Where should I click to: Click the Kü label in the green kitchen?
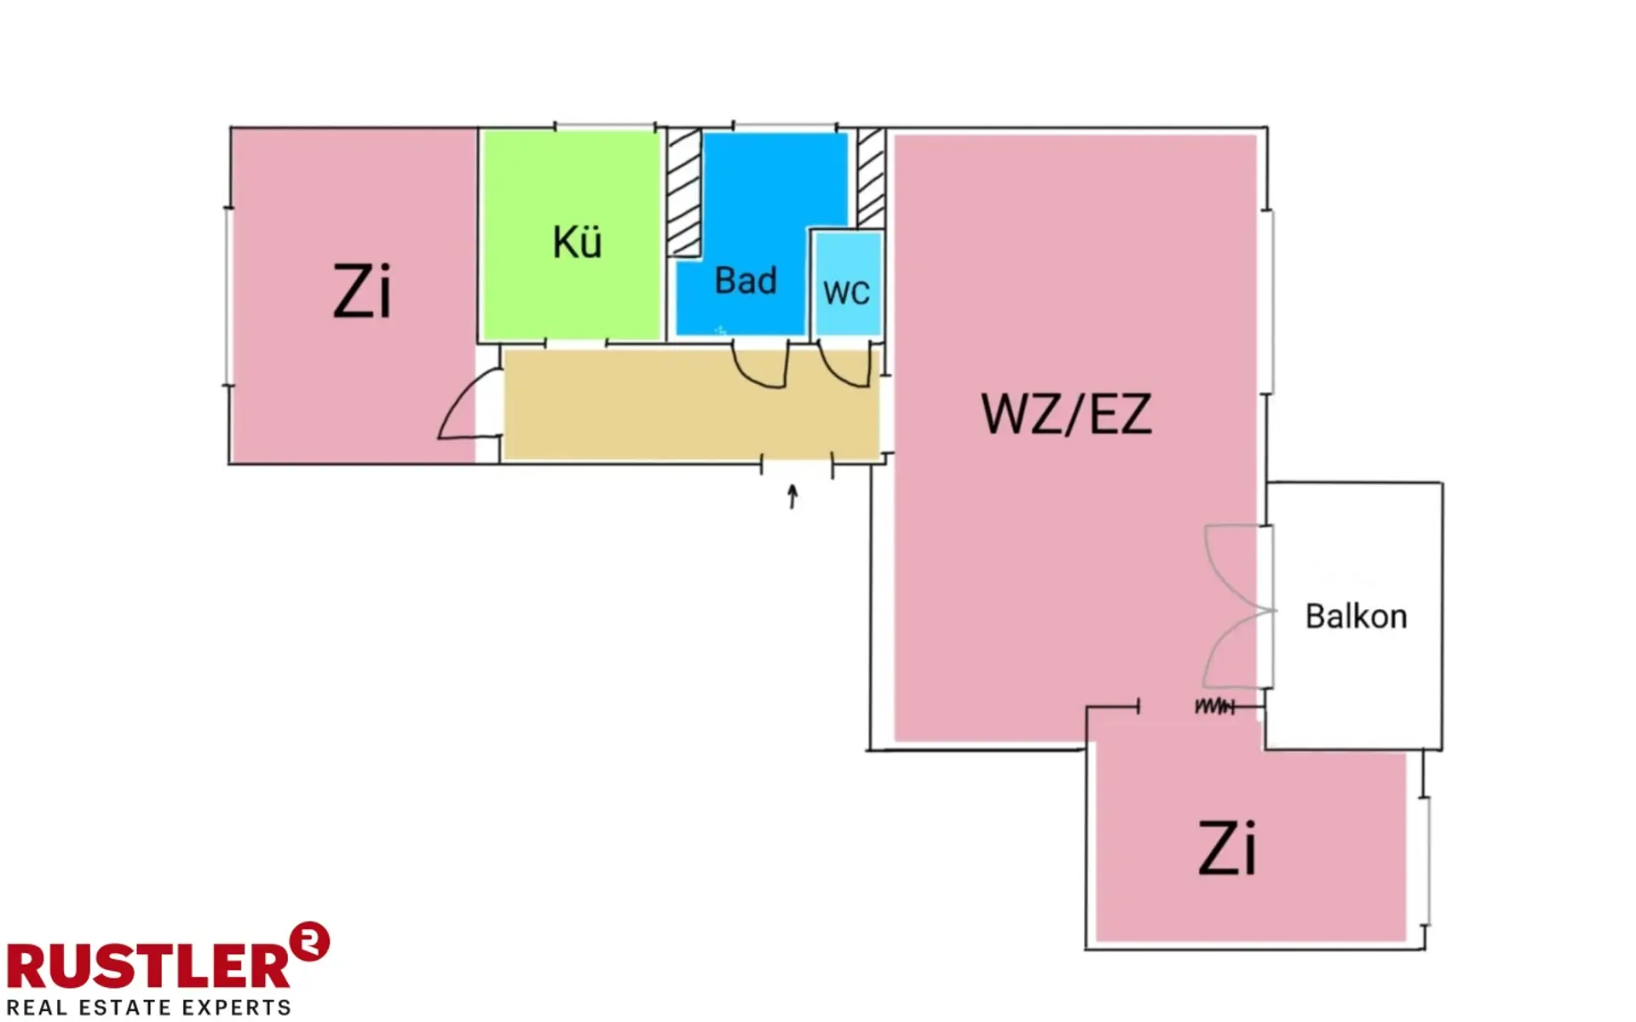pyautogui.click(x=577, y=243)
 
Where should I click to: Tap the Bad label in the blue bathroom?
pyautogui.click(x=746, y=281)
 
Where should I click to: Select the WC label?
pyautogui.click(x=846, y=293)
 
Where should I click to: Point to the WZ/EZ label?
pyautogui.click(x=1067, y=415)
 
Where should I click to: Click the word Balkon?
pyautogui.click(x=1356, y=617)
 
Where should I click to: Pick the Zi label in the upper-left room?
pyautogui.click(x=362, y=292)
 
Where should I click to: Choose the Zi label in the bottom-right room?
pyautogui.click(x=1227, y=849)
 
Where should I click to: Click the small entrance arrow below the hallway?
pyautogui.click(x=793, y=496)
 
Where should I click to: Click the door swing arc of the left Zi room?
pyautogui.click(x=456, y=410)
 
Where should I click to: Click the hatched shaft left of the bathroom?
pyautogui.click(x=683, y=192)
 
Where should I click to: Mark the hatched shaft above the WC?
pyautogui.click(x=871, y=178)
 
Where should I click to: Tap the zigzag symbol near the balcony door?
pyautogui.click(x=1213, y=707)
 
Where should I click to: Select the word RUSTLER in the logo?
pyautogui.click(x=149, y=967)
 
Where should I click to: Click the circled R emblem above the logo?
pyautogui.click(x=309, y=942)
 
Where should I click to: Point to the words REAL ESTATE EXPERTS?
pyautogui.click(x=149, y=1008)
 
